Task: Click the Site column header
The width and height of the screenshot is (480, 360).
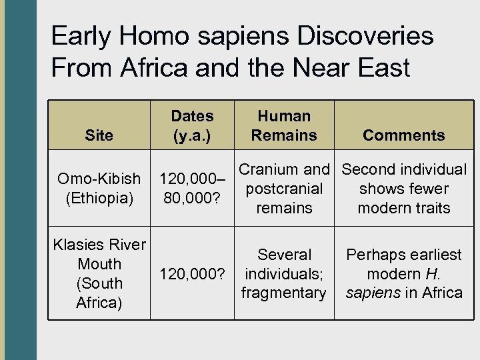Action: click(x=99, y=135)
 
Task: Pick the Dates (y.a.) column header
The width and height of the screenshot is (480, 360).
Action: click(x=192, y=125)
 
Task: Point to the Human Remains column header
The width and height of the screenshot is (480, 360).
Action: click(x=284, y=125)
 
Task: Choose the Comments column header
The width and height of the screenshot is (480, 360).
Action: click(x=403, y=135)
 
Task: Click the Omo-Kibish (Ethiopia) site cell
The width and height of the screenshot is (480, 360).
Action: click(x=99, y=188)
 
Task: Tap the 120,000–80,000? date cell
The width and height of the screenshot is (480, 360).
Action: click(x=192, y=188)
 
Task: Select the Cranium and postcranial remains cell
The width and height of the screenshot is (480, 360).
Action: click(x=284, y=189)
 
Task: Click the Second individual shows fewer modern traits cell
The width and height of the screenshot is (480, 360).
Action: click(x=404, y=189)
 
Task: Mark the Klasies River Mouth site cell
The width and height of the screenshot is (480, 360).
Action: click(x=99, y=273)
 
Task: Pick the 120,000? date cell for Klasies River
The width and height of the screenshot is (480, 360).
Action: click(x=192, y=274)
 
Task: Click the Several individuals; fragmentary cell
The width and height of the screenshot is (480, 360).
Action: click(x=284, y=273)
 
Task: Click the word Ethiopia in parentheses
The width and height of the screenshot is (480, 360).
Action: click(x=99, y=198)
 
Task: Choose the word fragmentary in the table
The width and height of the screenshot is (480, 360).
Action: click(x=284, y=293)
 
